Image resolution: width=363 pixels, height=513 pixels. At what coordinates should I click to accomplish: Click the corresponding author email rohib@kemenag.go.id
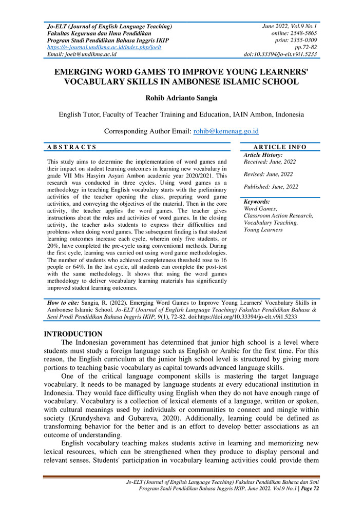pos(225,131)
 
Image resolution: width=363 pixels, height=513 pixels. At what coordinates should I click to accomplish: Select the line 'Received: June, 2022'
pos(270,162)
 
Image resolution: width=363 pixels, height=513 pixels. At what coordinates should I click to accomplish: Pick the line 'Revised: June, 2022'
pos(268,174)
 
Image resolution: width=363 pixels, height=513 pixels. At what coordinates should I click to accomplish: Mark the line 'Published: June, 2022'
pos(271,187)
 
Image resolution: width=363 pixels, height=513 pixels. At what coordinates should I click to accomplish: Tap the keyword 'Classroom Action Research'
pos(278,216)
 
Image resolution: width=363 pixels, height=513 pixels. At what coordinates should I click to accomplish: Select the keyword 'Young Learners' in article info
pos(263,230)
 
